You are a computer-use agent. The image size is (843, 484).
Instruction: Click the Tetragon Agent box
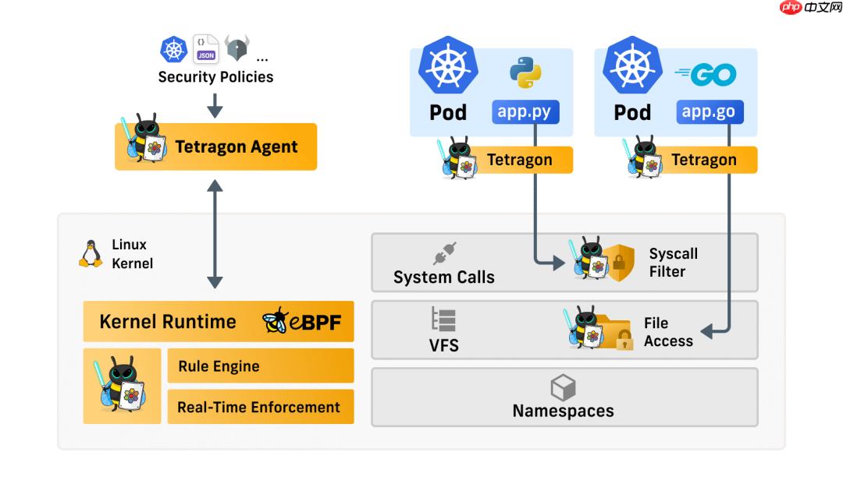click(215, 147)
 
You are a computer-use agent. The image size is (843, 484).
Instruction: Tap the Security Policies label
click(215, 76)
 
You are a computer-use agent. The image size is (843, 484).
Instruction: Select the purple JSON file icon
click(206, 48)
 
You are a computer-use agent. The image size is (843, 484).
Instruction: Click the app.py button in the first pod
click(525, 111)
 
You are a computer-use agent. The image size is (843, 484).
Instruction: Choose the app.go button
click(709, 111)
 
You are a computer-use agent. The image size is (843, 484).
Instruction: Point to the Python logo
click(526, 72)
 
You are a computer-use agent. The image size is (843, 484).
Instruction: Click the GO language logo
click(706, 75)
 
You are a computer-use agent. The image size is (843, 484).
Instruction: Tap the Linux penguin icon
click(91, 254)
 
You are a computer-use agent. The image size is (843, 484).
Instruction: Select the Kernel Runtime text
click(168, 321)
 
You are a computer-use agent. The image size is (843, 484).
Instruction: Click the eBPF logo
click(302, 321)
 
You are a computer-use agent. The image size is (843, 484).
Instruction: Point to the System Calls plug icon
click(444, 253)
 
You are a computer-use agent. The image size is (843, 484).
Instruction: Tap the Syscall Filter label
click(673, 263)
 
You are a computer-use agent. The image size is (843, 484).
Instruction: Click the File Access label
click(668, 332)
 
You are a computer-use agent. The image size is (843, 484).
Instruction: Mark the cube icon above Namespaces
click(563, 387)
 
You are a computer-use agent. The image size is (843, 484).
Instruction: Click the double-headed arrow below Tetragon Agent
click(215, 234)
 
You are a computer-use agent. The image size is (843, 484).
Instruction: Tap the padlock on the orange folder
click(624, 340)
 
